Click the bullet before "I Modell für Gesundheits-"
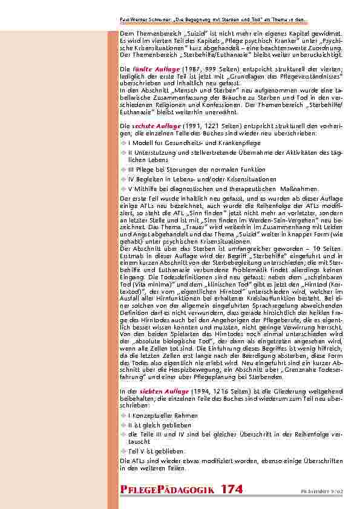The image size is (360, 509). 123,143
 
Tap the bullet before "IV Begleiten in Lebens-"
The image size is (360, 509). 123,180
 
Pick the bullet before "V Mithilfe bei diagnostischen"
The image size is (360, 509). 123,188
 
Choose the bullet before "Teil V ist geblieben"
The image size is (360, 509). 123,451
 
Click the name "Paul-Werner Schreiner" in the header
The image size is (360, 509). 142,20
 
